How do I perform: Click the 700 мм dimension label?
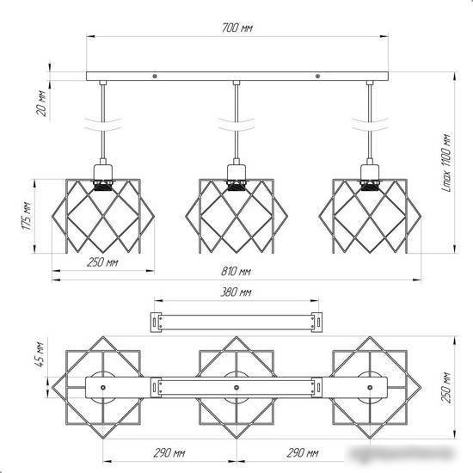(x=237, y=28)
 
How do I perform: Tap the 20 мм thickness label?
(x=42, y=103)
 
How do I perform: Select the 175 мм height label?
(x=28, y=216)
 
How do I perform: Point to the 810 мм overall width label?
(x=236, y=272)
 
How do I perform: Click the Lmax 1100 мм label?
(x=446, y=163)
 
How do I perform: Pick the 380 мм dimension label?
(x=236, y=292)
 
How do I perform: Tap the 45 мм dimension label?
(x=41, y=354)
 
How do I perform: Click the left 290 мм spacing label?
(x=169, y=452)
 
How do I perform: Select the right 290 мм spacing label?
(x=303, y=452)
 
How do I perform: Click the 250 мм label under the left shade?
(x=102, y=262)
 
